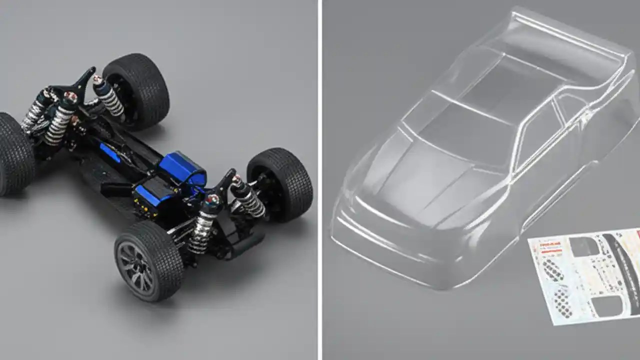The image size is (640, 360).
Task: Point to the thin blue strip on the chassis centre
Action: tap(109, 153)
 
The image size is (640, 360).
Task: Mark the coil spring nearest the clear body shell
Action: tap(250, 200)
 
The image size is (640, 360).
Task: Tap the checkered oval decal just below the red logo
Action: tap(552, 270)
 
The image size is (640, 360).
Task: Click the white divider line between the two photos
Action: tap(319, 180)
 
